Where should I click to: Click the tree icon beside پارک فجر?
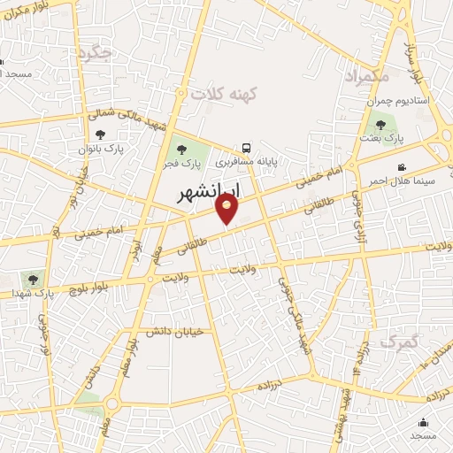(181, 149)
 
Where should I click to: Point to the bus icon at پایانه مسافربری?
(247, 149)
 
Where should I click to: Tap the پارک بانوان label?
(102, 150)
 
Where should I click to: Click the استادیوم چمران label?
(398, 101)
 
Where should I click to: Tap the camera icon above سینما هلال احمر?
(402, 166)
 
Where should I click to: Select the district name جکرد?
(95, 53)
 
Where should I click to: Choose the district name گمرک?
(397, 340)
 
